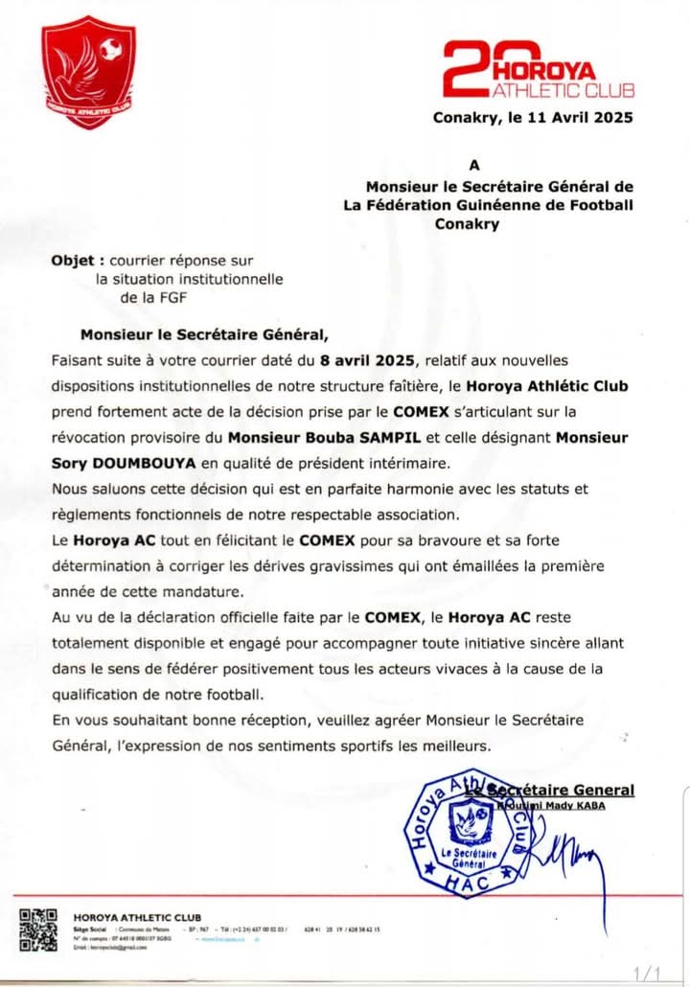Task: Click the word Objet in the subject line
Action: (72, 260)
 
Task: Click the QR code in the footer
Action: (39, 930)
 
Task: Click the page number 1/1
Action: (647, 972)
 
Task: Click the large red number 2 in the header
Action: (471, 70)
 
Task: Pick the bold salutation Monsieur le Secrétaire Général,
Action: (204, 335)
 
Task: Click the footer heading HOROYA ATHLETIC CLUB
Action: (137, 917)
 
